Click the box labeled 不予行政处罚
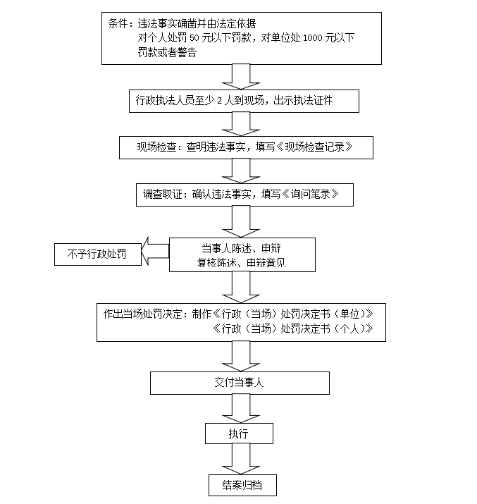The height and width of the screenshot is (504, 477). (97, 254)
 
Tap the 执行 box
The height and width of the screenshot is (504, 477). (238, 433)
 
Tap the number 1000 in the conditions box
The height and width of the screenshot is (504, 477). (312, 37)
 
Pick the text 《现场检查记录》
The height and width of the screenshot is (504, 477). (314, 147)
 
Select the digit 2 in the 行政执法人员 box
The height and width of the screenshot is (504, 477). (220, 101)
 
